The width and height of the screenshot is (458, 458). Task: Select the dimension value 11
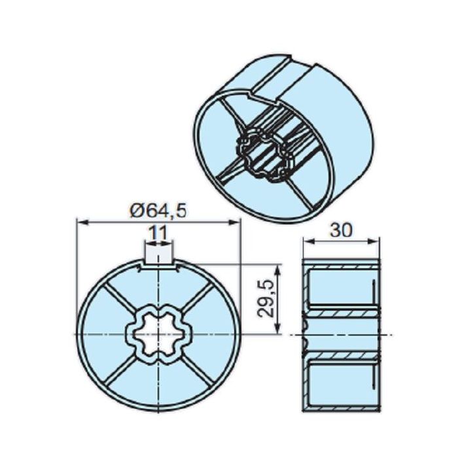click(x=158, y=232)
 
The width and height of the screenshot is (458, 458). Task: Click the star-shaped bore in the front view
click(x=159, y=334)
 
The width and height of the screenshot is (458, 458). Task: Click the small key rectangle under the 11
click(x=159, y=252)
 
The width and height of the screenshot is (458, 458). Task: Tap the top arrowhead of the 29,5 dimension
click(x=279, y=268)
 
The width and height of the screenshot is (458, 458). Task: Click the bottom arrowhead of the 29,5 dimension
click(x=279, y=330)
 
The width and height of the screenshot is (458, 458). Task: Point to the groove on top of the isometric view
click(x=285, y=75)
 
